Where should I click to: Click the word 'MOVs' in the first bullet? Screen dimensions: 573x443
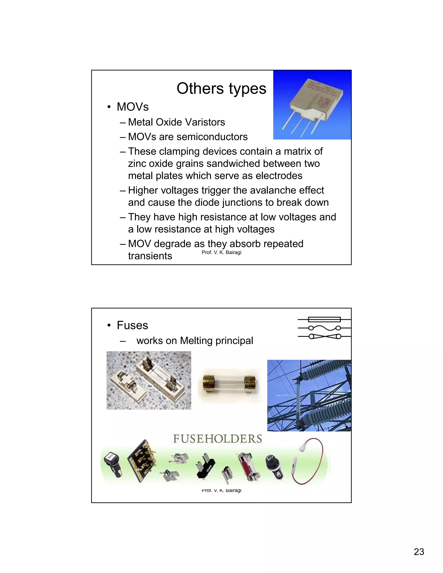click(x=133, y=107)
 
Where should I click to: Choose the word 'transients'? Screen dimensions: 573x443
click(x=150, y=256)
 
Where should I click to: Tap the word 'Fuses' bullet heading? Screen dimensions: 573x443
click(x=132, y=325)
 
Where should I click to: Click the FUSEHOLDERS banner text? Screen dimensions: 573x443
click(x=217, y=439)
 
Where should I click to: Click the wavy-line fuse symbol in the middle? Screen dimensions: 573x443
click(x=324, y=328)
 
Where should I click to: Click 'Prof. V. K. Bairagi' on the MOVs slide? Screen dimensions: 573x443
click(x=221, y=252)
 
